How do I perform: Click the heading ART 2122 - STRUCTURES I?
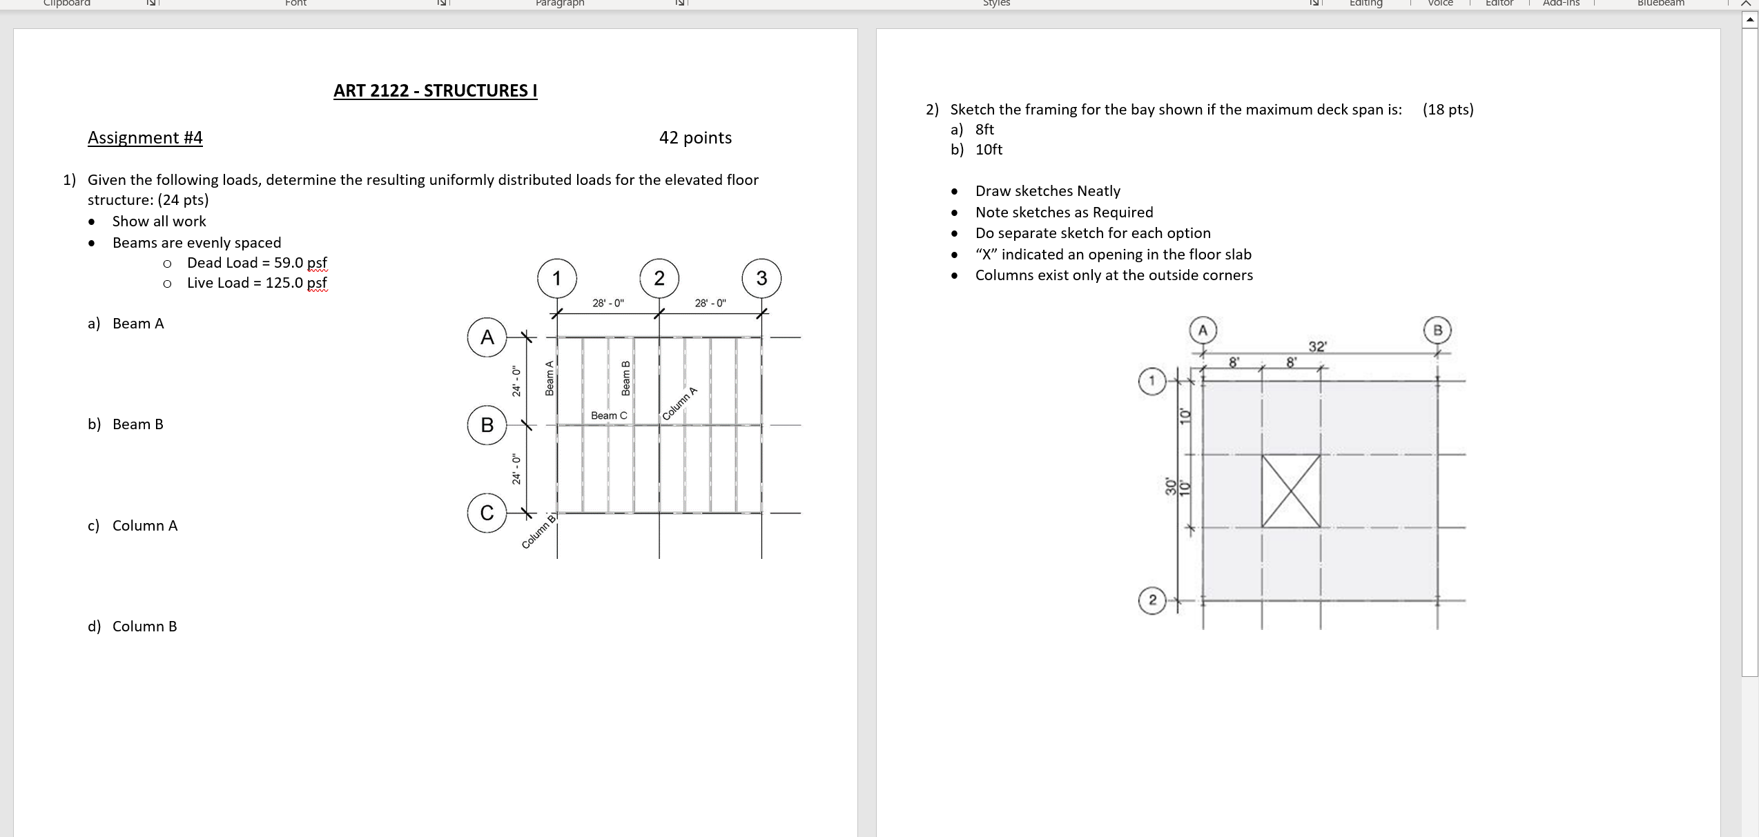coord(435,91)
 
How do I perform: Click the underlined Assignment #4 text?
coord(145,138)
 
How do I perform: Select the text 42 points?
coord(695,138)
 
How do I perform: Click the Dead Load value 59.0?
coord(289,263)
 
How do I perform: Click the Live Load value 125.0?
coord(284,283)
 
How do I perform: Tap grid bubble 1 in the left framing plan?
coord(557,278)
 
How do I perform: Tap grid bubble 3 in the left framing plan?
coord(761,278)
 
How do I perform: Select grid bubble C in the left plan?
coord(487,513)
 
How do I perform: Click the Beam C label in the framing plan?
coord(609,415)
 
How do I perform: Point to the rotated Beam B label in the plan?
coord(626,378)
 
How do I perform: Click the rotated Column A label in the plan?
coord(680,404)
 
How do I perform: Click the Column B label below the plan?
coord(538,532)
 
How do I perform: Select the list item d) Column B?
coord(133,627)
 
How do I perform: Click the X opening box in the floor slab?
coord(1290,491)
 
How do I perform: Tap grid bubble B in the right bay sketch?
coord(1437,331)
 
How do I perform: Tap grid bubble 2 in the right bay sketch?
coord(1151,600)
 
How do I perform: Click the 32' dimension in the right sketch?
coord(1317,346)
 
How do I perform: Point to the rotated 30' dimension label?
coord(1170,486)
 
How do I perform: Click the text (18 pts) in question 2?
coord(1448,110)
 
